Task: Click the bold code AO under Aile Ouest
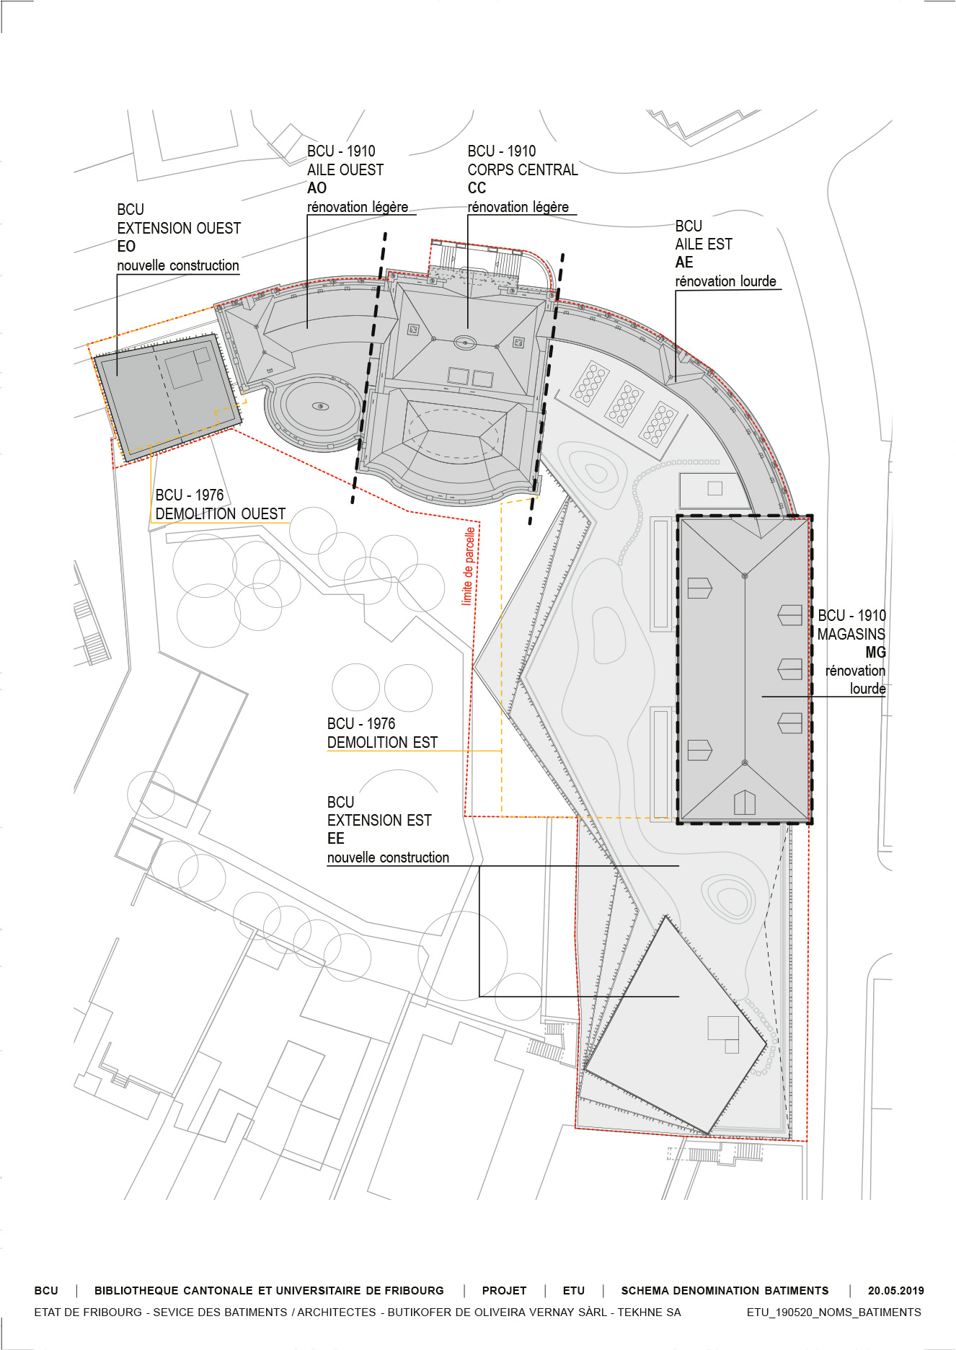[317, 188]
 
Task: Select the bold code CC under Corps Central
[477, 188]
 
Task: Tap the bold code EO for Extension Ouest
[126, 247]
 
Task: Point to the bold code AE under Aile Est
[684, 262]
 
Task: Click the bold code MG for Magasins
[875, 652]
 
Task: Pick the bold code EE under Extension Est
[336, 839]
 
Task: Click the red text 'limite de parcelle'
[469, 566]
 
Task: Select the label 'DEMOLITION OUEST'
[221, 514]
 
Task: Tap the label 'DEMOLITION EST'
[382, 743]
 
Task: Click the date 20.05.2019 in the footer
[895, 1291]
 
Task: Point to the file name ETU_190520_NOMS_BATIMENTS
[833, 1312]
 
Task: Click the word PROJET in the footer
[504, 1291]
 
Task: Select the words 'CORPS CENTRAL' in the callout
[523, 170]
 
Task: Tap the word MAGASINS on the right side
[851, 635]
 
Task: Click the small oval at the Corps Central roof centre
[465, 343]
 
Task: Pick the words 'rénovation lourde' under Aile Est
[726, 281]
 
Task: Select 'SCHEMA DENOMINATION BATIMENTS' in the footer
[725, 1291]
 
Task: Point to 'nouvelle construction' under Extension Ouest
[178, 265]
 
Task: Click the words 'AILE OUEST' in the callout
[345, 170]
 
